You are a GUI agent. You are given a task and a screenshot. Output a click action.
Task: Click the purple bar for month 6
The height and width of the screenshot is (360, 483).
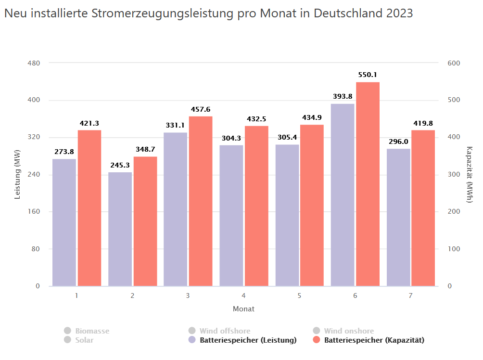click(x=343, y=195)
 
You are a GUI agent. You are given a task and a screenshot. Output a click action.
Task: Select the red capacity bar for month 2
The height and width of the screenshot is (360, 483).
click(x=145, y=221)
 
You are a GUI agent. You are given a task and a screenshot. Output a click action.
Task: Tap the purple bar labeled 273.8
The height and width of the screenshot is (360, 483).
click(x=64, y=222)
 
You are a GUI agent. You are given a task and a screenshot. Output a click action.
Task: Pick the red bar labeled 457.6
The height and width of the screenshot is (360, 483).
click(x=201, y=201)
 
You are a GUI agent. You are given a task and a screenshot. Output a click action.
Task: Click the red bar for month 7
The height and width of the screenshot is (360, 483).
click(x=423, y=208)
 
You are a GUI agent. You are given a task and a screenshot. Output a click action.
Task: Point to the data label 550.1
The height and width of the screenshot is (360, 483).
click(x=368, y=75)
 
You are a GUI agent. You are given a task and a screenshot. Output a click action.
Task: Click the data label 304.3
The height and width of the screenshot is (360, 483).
click(x=231, y=138)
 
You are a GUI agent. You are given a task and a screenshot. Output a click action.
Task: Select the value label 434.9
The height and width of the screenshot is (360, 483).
click(x=312, y=118)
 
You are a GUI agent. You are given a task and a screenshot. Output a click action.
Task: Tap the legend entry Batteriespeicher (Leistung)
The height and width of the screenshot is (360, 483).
click(x=248, y=340)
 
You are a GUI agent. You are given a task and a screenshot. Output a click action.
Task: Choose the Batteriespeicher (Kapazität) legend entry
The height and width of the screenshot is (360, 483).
click(x=374, y=340)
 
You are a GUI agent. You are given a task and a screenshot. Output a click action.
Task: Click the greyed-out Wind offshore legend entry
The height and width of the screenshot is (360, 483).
click(x=225, y=331)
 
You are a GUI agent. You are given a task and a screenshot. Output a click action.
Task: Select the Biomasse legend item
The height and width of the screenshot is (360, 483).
click(x=92, y=331)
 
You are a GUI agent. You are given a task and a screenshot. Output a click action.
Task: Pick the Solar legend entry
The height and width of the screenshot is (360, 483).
click(x=84, y=340)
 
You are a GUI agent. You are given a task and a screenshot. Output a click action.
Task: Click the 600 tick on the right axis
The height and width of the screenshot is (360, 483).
click(x=454, y=63)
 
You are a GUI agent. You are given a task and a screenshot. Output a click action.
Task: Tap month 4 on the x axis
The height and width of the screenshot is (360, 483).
click(x=243, y=296)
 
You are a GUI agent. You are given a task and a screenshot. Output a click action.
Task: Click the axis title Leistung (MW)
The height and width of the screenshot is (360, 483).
click(x=17, y=175)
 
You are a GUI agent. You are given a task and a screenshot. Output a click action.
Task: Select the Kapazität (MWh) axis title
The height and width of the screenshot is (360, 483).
click(x=470, y=175)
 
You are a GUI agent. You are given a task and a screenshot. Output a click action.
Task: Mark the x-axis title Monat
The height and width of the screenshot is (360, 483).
click(x=243, y=309)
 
